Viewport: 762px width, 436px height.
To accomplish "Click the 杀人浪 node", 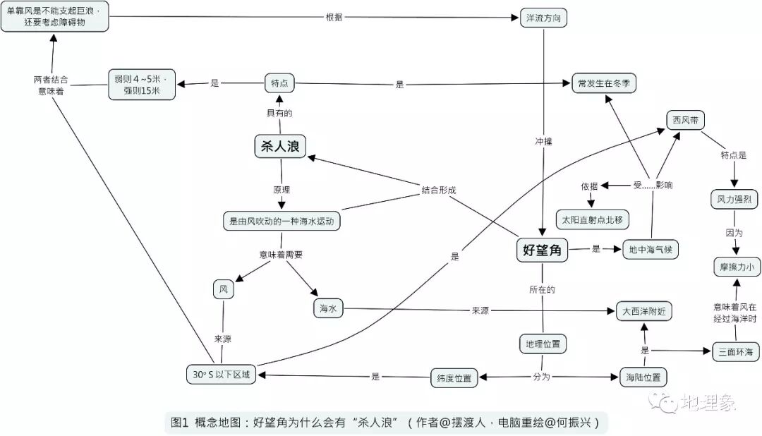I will coord(280,146).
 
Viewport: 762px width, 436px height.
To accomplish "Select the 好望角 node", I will coord(542,249).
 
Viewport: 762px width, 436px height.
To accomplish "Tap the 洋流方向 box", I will coord(543,18).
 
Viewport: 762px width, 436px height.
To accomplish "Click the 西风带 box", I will coord(685,120).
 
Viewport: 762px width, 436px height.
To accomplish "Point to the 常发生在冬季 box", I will coord(603,83).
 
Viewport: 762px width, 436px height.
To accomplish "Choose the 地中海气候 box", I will coord(650,250).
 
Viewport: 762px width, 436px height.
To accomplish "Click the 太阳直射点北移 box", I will coord(592,219).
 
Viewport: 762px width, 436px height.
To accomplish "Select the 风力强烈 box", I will coord(734,200).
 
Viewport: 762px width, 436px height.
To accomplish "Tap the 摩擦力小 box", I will coord(736,267).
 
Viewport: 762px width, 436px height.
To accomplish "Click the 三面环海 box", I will coord(735,351).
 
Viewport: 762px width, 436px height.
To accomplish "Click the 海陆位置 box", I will coord(643,377).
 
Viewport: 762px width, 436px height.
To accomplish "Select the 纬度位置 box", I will coord(454,377).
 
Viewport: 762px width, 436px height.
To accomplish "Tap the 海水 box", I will coord(327,308).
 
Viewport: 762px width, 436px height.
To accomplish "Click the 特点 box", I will coord(279,83).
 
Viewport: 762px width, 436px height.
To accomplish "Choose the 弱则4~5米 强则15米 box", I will coord(141,84).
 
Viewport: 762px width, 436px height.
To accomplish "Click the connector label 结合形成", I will coord(439,190).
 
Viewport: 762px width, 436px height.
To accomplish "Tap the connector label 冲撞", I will coord(543,141).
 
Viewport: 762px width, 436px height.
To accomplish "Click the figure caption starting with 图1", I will coord(385,423).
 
